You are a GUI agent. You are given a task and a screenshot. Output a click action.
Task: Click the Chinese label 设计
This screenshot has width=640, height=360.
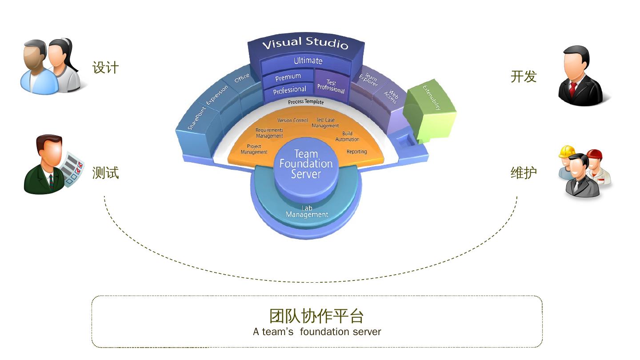105,68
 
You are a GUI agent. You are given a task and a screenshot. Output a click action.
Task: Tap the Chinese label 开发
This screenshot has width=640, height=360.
524,76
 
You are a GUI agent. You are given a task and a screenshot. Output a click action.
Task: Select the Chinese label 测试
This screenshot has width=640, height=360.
105,172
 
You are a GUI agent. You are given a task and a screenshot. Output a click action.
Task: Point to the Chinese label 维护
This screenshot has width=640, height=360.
524,172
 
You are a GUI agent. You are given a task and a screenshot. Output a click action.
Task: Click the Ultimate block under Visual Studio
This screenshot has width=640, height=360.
308,61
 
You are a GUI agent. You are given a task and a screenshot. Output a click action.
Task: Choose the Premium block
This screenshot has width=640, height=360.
288,78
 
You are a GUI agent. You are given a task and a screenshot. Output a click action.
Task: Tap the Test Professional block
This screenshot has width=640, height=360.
331,86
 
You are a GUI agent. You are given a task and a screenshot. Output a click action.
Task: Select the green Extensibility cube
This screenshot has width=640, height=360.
429,107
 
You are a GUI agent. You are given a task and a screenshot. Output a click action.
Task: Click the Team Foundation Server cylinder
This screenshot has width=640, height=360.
306,164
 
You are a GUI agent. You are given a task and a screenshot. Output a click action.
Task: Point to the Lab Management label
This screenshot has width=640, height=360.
307,212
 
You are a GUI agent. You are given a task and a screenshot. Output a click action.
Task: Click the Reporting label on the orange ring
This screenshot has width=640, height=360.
356,152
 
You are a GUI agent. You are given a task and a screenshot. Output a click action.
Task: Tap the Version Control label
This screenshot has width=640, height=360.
292,120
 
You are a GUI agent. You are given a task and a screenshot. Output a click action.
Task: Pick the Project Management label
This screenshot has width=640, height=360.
254,149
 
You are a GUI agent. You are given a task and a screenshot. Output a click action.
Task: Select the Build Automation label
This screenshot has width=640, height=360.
347,136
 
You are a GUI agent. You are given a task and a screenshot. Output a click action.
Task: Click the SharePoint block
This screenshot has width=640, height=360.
197,119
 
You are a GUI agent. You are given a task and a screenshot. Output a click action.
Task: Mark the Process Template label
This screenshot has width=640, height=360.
306,102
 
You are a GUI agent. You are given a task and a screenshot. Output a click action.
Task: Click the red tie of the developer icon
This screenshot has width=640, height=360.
573,88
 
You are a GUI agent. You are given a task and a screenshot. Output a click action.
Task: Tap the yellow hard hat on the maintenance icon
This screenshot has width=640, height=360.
567,151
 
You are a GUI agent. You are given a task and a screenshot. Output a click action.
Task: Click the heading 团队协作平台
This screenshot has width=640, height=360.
316,316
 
